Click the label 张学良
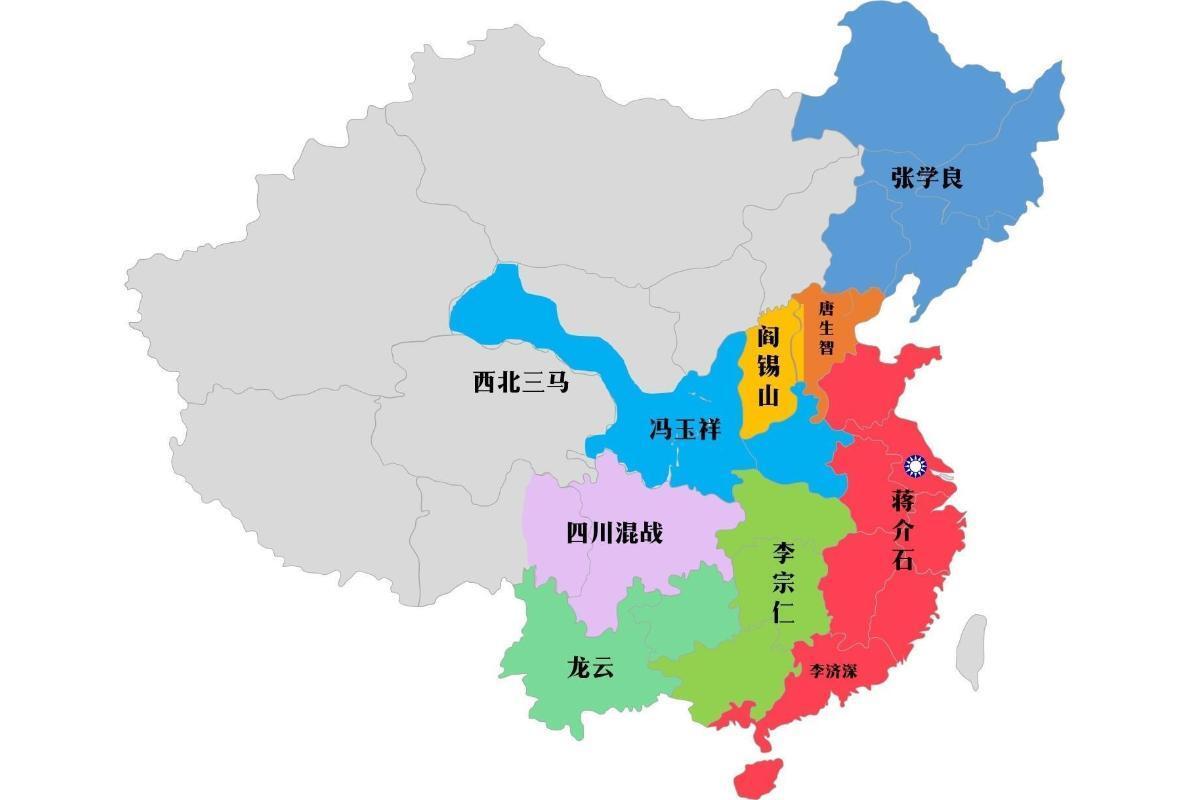(927, 179)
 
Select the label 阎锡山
(767, 366)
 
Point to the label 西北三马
(520, 382)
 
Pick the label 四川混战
(614, 533)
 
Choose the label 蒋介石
(902, 529)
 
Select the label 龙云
(589, 668)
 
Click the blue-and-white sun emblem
(915, 466)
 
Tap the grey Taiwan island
(971, 651)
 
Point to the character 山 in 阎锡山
(767, 396)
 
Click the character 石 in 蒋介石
(902, 559)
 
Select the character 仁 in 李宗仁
(783, 613)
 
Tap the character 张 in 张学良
(903, 179)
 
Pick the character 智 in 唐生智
(826, 348)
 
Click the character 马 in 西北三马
(557, 382)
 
